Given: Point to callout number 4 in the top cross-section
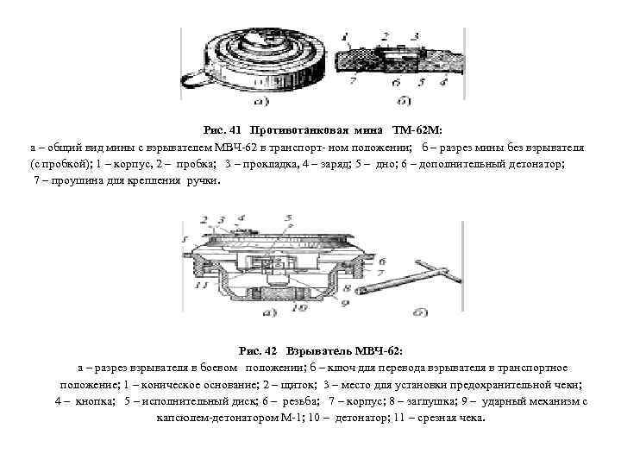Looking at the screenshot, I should (x=443, y=84).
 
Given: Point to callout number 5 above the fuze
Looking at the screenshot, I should (x=288, y=218).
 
